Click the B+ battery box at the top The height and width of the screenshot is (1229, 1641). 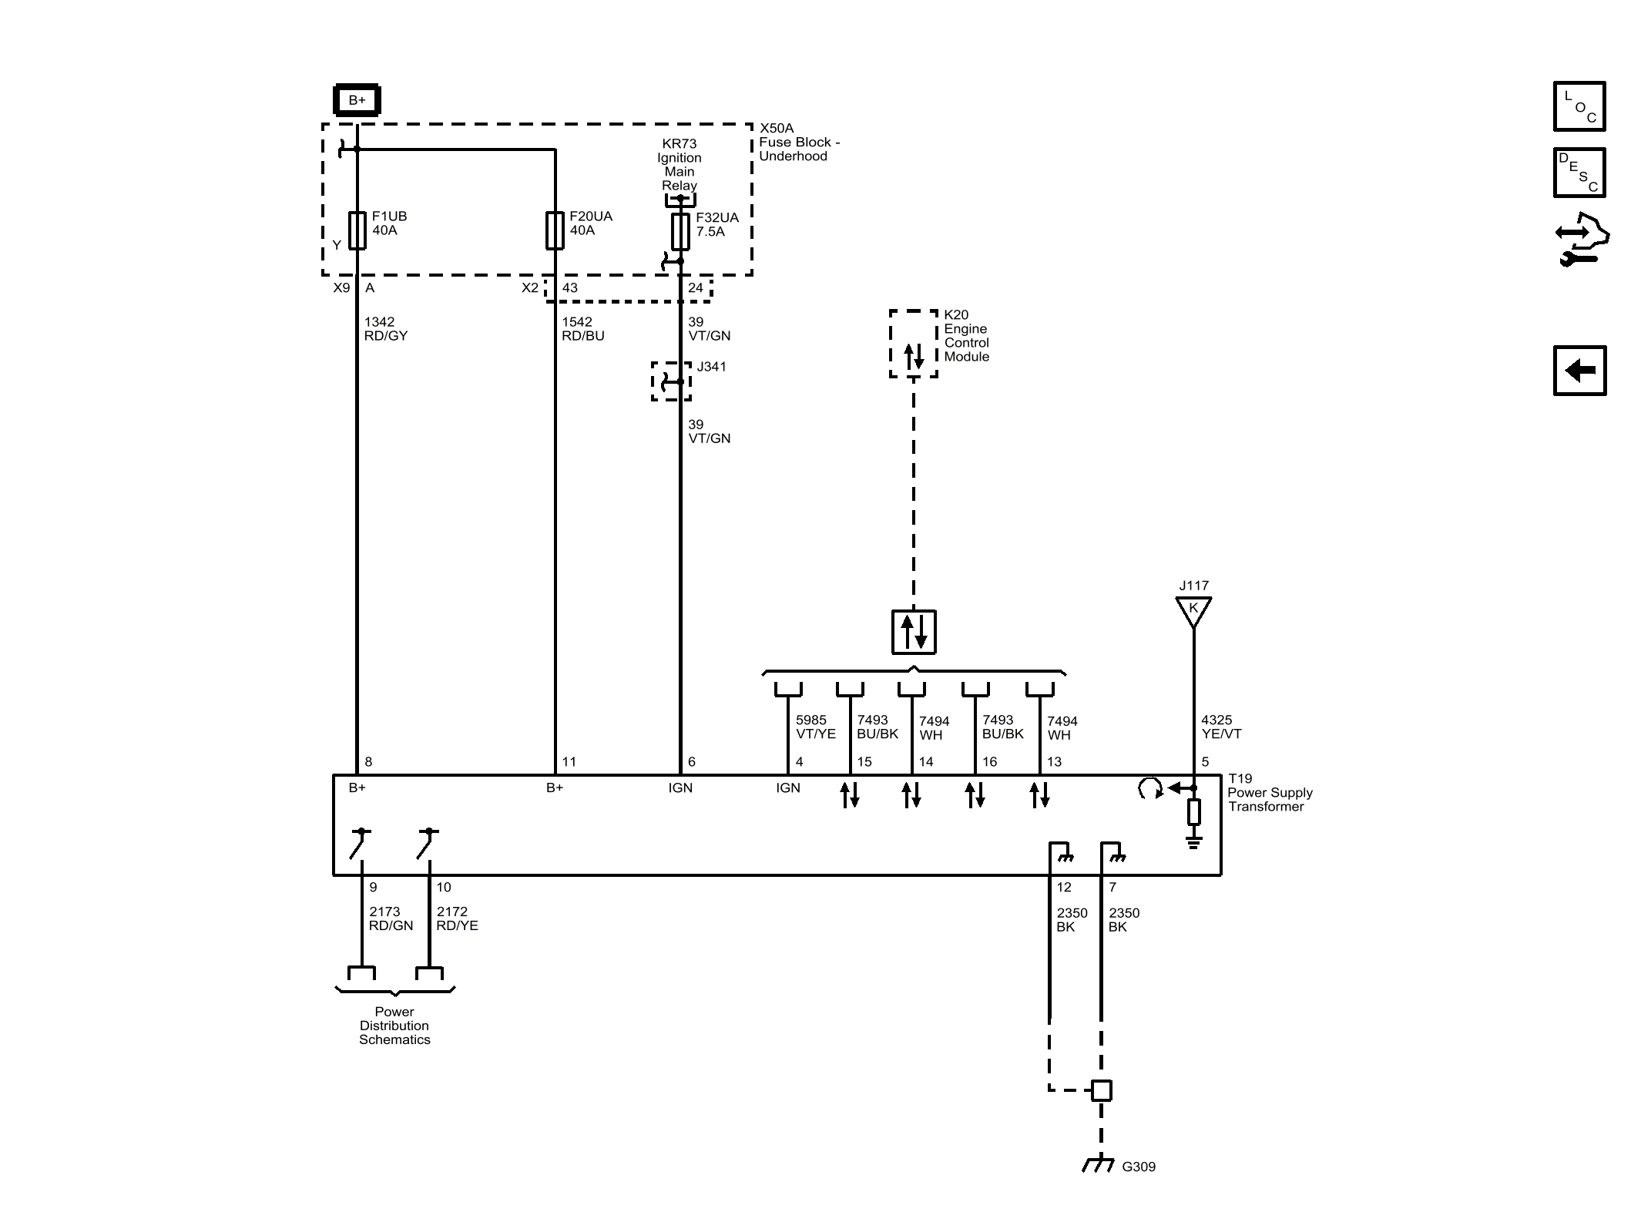357,100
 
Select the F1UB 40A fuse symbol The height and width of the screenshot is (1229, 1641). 357,230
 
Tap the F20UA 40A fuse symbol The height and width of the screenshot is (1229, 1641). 555,230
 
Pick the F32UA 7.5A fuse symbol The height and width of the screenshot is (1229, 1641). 680,231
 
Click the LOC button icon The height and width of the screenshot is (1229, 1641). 1579,106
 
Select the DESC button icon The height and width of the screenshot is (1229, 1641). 1579,173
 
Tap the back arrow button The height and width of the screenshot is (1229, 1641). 1579,371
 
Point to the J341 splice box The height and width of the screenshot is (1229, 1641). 671,381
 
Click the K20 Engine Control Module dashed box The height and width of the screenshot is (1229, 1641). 914,344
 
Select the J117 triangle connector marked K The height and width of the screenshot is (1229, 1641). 1193,612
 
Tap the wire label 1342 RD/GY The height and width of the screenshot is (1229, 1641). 386,329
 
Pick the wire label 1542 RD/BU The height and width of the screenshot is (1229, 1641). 583,329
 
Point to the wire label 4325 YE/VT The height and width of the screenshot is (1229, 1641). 1221,727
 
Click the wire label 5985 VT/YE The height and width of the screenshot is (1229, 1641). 816,727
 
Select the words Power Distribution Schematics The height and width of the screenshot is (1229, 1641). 394,1026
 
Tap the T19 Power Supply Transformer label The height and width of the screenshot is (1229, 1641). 1270,792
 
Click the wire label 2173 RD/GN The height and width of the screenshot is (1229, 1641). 391,918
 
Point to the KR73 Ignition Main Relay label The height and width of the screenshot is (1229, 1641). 680,164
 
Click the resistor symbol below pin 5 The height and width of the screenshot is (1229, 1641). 1193,812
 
